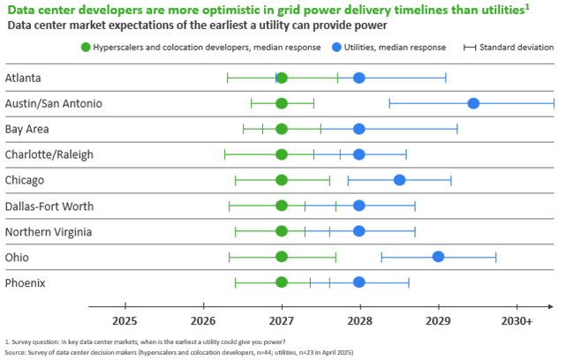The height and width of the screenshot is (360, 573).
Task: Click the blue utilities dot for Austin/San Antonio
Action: click(473, 103)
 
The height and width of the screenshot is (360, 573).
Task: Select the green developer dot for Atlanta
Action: click(282, 78)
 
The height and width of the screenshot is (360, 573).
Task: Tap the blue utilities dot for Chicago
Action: click(399, 180)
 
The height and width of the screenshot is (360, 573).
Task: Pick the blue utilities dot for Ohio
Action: click(438, 257)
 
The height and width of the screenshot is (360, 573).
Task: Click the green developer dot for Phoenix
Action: click(282, 282)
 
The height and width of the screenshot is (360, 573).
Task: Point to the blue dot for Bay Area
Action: click(359, 129)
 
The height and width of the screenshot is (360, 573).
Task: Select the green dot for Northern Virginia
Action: click(282, 231)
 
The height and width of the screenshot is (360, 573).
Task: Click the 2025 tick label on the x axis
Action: click(124, 320)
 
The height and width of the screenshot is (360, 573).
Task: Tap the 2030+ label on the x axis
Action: click(517, 320)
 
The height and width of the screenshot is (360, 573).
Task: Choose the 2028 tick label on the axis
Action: click(359, 320)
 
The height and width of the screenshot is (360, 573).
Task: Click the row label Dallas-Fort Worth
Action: click(49, 206)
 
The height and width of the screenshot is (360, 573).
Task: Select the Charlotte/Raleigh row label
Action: click(49, 154)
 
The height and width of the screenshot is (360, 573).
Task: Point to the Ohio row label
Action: click(18, 258)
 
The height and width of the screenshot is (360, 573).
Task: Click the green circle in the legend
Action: click(86, 46)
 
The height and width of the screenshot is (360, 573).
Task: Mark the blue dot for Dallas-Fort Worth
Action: click(359, 206)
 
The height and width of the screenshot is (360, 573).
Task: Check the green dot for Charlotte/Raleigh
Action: click(282, 154)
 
